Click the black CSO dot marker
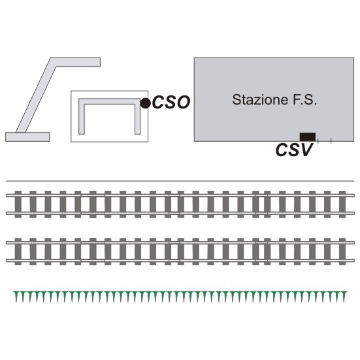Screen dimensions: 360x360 tap(145, 103)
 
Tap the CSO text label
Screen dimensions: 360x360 tap(171, 102)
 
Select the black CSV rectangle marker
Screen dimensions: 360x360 tap(308, 137)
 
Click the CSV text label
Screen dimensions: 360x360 tap(294, 150)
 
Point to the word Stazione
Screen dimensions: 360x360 tap(260, 100)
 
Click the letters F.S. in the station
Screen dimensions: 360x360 tap(304, 100)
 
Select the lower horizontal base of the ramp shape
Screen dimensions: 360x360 tap(27, 137)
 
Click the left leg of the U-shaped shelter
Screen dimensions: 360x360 tap(82, 117)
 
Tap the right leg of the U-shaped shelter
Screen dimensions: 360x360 tap(137, 117)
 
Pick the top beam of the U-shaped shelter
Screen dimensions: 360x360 tap(110, 101)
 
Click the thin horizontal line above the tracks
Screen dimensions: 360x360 tap(180, 181)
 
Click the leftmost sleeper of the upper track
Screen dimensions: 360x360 tap(18, 205)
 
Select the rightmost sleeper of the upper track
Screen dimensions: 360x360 tap(342, 205)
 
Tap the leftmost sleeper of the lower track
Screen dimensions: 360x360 tap(18, 252)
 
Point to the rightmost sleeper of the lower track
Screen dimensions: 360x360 tap(342, 252)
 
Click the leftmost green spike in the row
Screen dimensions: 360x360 tap(16, 296)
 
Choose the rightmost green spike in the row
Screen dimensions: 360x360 tap(344, 296)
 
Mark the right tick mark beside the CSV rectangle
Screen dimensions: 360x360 tap(331, 141)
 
